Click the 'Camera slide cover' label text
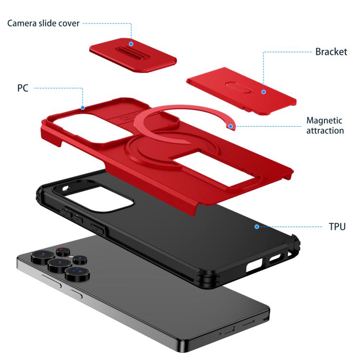(x=43, y=24)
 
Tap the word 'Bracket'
(x=331, y=52)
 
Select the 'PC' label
(x=23, y=88)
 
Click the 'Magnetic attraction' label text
(x=325, y=126)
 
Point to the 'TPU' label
(x=337, y=227)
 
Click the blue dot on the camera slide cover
(x=131, y=44)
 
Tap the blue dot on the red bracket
(x=264, y=92)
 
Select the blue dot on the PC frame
(x=83, y=108)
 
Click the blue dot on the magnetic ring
(x=230, y=126)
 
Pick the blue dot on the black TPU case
(x=257, y=227)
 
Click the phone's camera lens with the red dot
(x=63, y=252)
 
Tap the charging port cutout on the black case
(x=254, y=265)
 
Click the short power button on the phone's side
(x=76, y=294)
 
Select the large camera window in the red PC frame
(x=90, y=128)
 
